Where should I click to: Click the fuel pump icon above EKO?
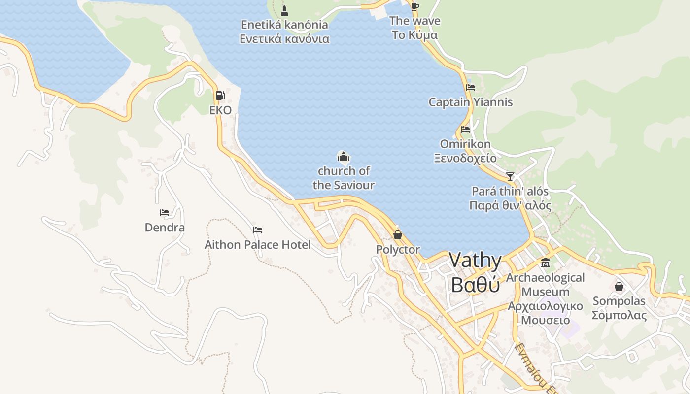coord(220,96)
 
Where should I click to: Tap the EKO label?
coord(220,110)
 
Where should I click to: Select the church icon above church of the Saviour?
coord(344,157)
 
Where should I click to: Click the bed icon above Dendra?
coord(165,213)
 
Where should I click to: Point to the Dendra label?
coord(165,228)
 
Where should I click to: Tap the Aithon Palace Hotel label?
coord(258,245)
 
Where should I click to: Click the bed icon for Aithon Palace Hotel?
coord(258,230)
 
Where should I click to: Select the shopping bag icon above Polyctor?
coord(398,235)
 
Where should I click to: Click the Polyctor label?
coord(398,250)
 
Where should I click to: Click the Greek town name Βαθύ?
coord(475,285)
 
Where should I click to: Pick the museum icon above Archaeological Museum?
coord(545,263)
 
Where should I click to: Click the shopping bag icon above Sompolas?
coord(619,286)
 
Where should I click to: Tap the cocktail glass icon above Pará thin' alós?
coord(510,176)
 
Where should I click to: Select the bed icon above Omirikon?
coord(465,130)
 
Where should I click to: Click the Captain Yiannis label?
coord(471,102)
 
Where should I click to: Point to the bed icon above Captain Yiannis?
coord(471,88)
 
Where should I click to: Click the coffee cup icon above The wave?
coord(414,6)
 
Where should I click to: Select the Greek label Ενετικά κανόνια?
coord(284,39)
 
